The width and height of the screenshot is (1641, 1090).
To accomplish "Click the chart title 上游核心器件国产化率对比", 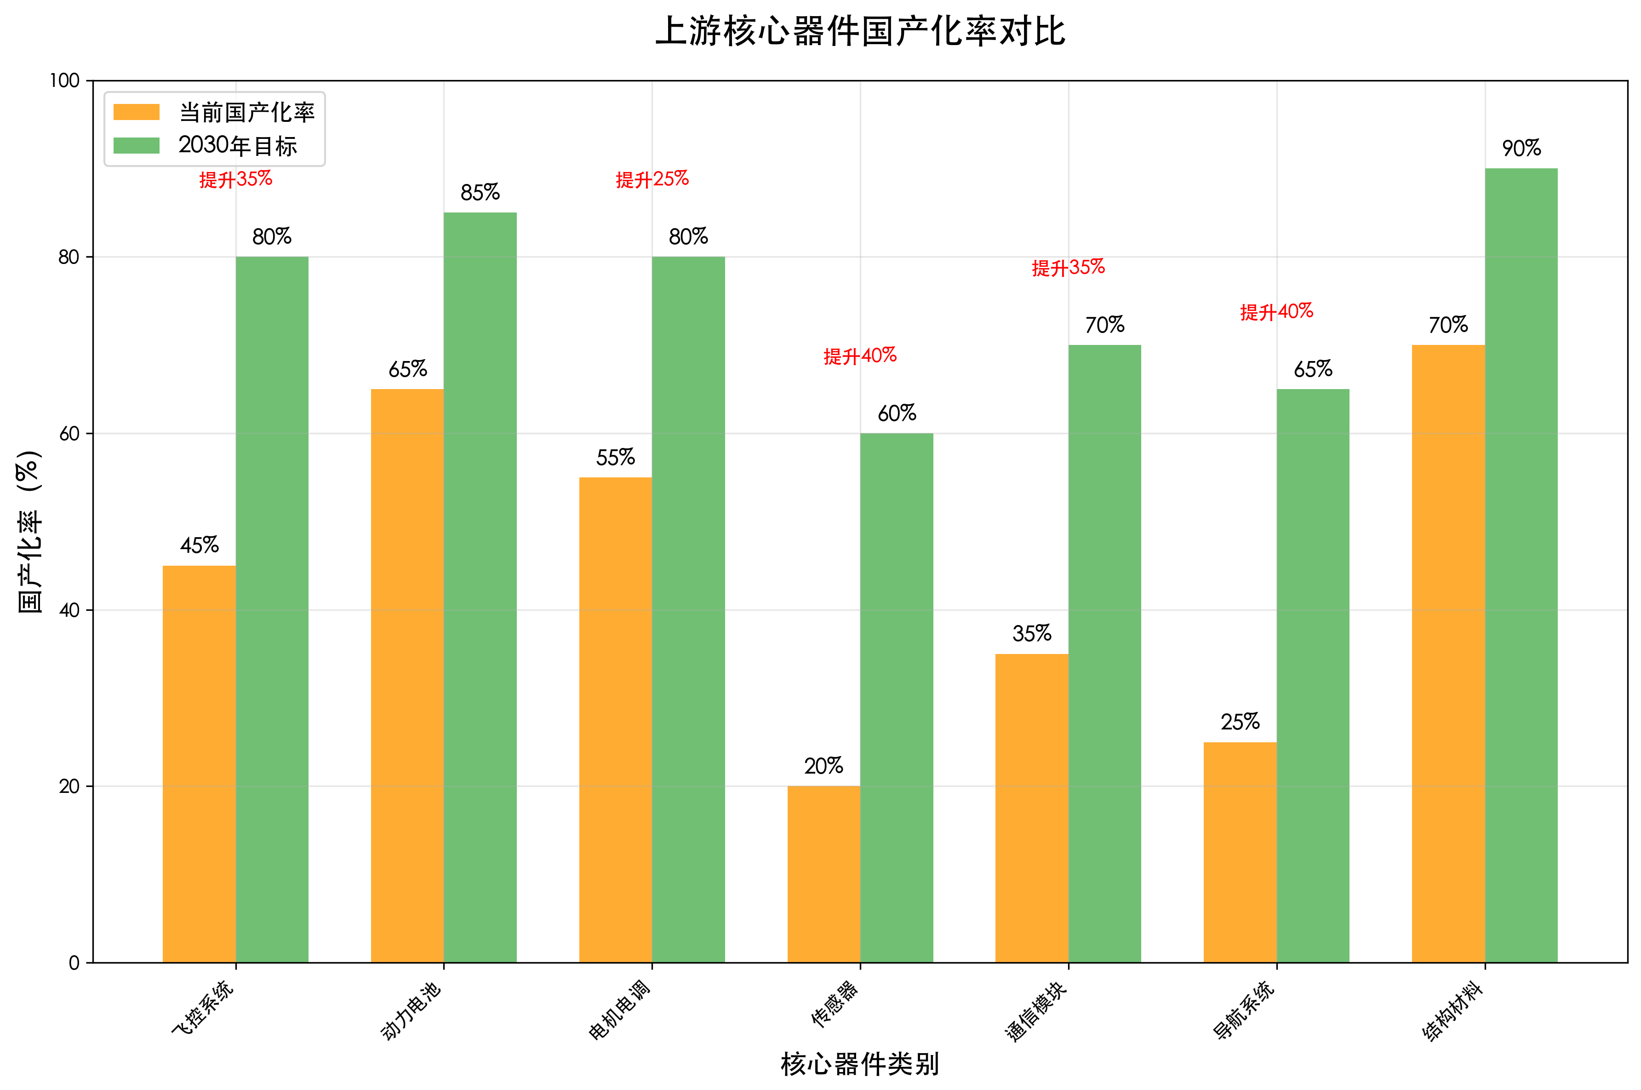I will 860,32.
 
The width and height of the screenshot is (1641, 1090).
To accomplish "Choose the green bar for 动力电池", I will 480,587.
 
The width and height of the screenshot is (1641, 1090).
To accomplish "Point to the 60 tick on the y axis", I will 69,434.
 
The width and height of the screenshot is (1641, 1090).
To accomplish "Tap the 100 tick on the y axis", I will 65,80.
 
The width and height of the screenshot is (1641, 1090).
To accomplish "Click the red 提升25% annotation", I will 652,179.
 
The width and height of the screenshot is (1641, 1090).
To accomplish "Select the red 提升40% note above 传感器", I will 860,356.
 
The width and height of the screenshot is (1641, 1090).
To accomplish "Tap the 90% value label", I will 1521,148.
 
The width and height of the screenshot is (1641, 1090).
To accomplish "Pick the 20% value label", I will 823,766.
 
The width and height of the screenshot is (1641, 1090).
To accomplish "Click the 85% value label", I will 480,193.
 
